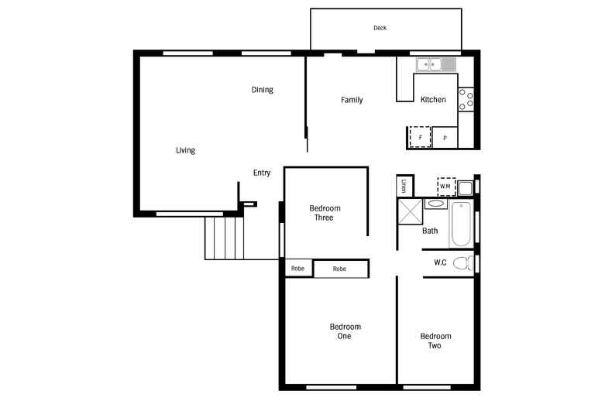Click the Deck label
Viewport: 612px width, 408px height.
point(380,28)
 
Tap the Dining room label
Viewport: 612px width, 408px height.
point(262,90)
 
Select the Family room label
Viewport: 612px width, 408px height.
point(352,100)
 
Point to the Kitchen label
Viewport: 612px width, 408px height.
point(433,100)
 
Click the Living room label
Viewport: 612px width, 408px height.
point(185,150)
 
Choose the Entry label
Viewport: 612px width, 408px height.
point(262,173)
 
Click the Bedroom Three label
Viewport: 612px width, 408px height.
point(325,213)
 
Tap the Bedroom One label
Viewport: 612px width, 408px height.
point(345,331)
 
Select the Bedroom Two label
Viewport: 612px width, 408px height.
point(435,341)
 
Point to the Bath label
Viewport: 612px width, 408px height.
point(430,231)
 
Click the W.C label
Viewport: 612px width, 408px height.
point(440,262)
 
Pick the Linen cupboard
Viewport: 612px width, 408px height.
point(404,187)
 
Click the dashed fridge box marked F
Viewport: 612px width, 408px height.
point(420,137)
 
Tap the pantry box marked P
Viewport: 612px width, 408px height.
point(445,138)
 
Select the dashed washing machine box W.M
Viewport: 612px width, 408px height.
point(445,186)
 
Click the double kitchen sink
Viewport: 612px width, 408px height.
point(436,65)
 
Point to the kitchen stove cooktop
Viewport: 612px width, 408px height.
point(466,98)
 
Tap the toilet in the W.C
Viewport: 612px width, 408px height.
point(462,262)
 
